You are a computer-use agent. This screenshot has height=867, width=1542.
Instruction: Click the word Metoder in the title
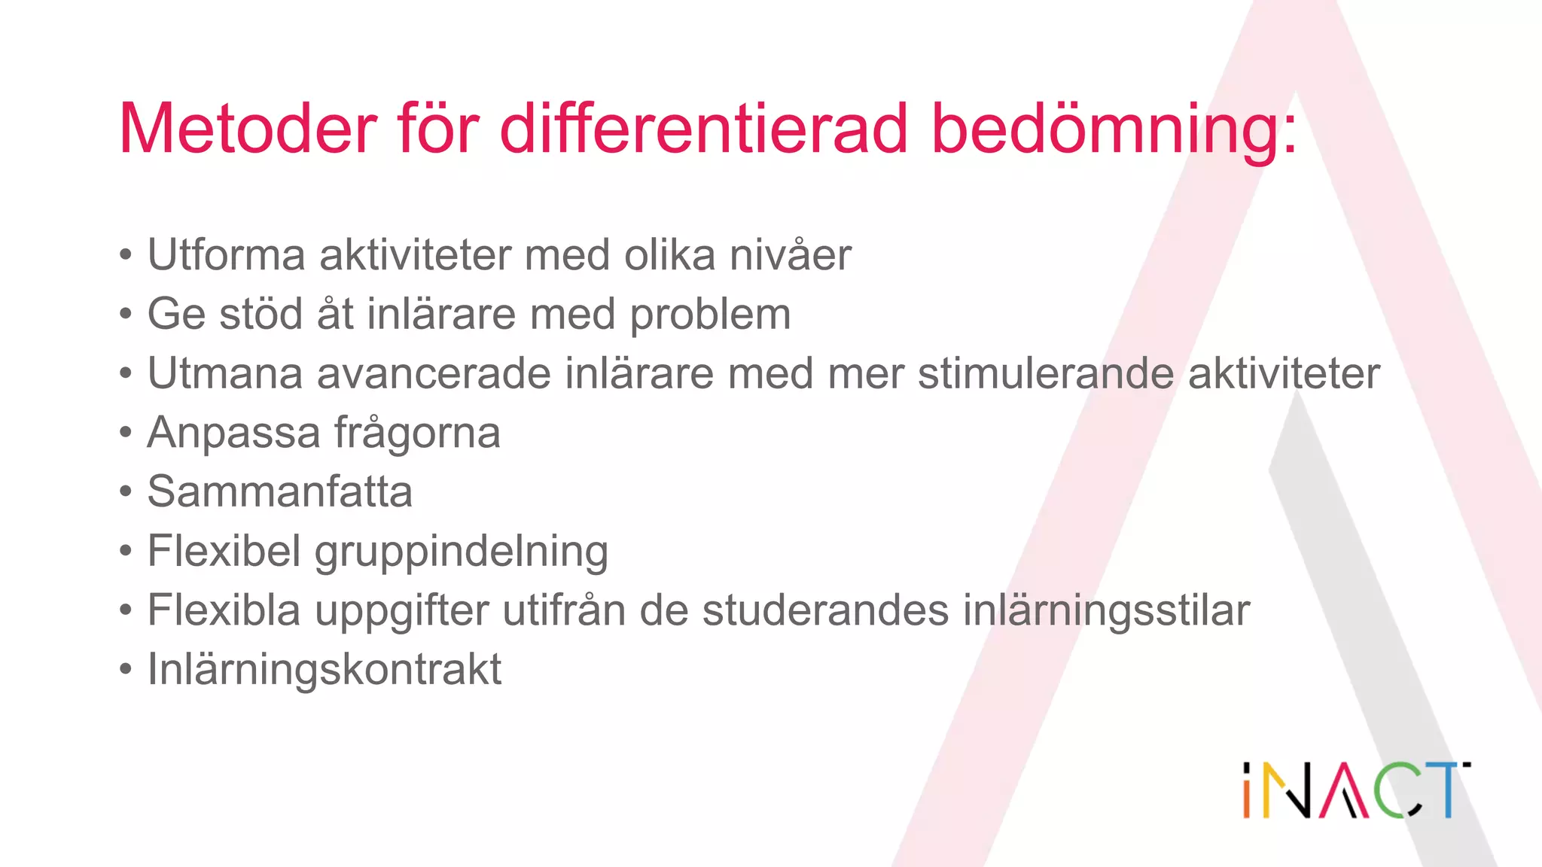(248, 129)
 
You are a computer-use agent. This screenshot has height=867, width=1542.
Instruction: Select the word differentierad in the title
(704, 129)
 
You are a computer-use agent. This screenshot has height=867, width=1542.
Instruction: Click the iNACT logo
(1355, 790)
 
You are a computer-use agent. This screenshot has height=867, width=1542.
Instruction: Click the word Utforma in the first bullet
(227, 255)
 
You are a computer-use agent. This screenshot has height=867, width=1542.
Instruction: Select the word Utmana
(225, 373)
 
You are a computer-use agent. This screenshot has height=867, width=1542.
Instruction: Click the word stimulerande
(1046, 373)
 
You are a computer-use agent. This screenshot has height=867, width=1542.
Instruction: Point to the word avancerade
(434, 373)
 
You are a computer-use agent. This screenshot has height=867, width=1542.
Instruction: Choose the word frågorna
(417, 433)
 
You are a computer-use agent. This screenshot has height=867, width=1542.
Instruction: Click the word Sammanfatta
(279, 491)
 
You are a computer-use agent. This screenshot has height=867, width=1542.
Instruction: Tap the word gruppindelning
(461, 552)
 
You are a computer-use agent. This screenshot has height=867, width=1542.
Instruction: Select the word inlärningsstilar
(1106, 610)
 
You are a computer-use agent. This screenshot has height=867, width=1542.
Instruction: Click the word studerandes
(825, 610)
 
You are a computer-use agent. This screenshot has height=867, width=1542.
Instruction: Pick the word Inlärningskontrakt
(325, 669)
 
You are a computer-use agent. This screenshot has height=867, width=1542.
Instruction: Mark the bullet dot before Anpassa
(126, 433)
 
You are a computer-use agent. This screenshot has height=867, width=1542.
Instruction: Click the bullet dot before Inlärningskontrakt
(126, 669)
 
